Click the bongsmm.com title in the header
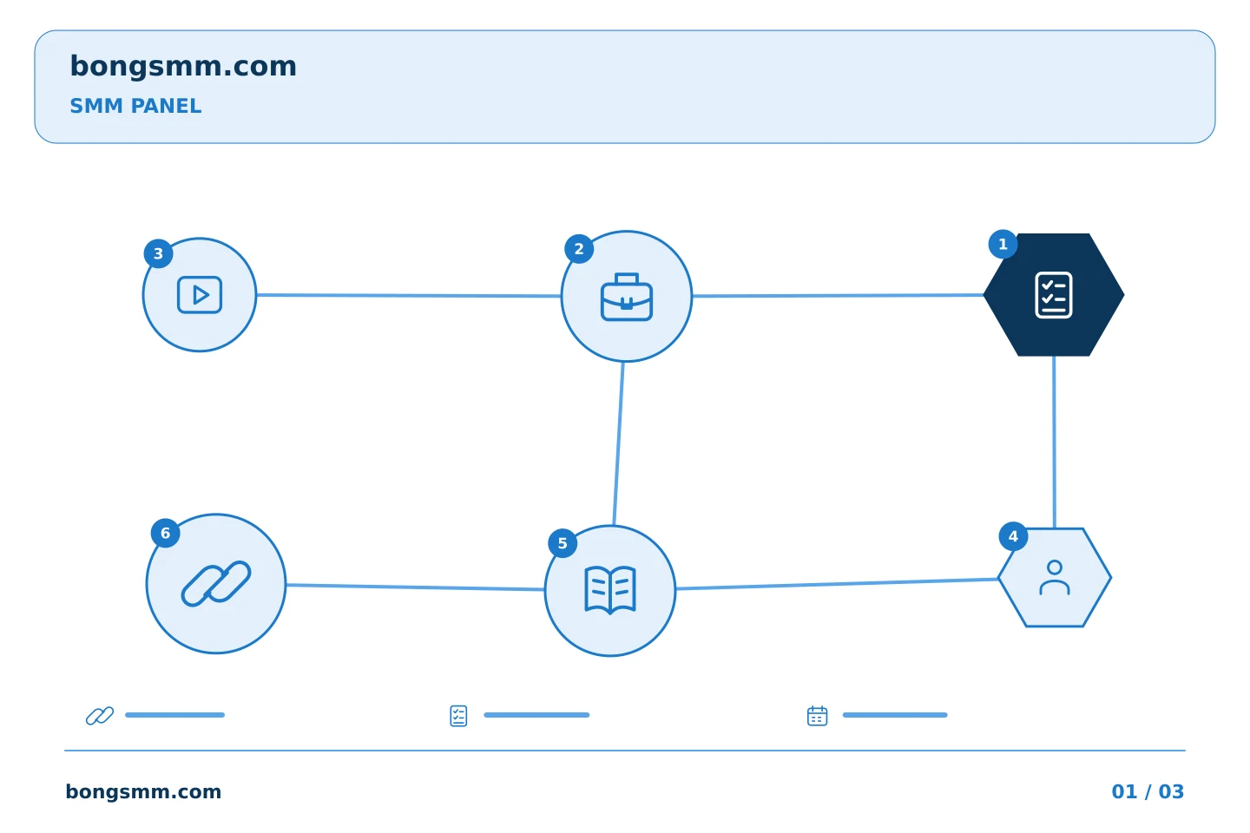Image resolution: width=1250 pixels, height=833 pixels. coord(183,67)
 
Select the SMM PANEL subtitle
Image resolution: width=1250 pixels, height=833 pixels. coord(135,106)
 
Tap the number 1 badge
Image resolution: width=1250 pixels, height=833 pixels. coord(1003,245)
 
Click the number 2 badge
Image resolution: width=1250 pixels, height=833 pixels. coord(579,249)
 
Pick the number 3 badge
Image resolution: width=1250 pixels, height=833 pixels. coord(159,254)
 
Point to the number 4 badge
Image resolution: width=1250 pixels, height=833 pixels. coord(1013,537)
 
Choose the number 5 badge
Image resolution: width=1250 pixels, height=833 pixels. coord(562,543)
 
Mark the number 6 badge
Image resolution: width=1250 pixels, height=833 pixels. coord(165,534)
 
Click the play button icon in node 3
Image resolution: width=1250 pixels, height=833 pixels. coord(200,295)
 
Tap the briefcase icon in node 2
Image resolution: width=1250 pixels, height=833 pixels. coord(627,297)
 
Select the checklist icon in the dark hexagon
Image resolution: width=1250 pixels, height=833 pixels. coord(1054,295)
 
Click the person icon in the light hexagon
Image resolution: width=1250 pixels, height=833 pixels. coord(1055,578)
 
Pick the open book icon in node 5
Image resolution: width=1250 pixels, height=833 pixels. coord(610,590)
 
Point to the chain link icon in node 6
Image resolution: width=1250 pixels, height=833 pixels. coord(216,584)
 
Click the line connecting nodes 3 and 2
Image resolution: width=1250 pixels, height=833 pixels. coord(409,296)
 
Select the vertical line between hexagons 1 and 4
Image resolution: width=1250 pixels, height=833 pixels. coord(1054,442)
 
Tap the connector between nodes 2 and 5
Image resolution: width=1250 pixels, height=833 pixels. coord(618,443)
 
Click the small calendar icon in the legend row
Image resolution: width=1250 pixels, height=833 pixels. coord(818,715)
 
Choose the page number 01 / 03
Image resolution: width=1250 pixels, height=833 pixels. coord(1148,791)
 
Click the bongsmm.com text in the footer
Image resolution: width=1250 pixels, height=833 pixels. coord(143,791)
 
